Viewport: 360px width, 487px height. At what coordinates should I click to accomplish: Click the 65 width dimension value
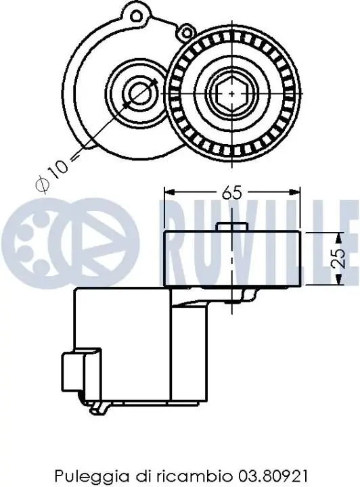coord(231,193)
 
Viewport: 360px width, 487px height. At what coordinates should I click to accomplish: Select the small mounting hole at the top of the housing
coord(136,15)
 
